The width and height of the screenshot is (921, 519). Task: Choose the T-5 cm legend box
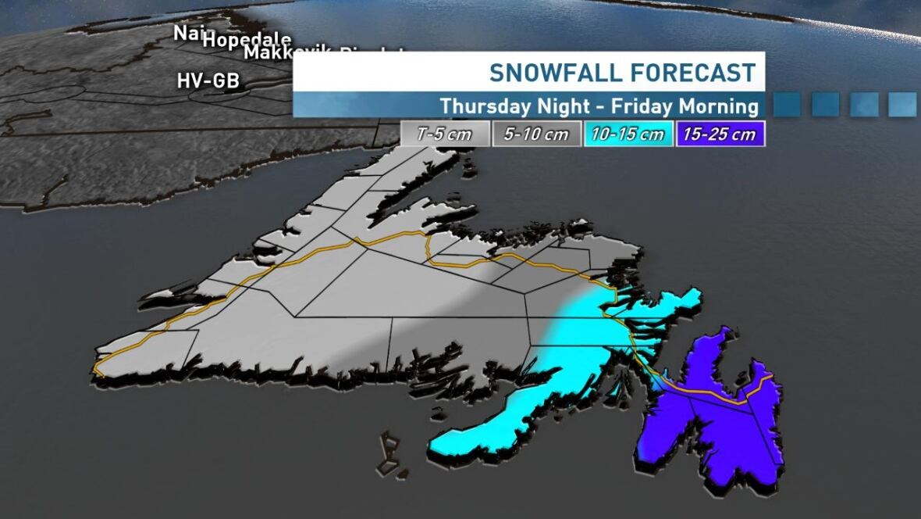[444, 134]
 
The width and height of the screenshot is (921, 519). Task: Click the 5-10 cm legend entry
[536, 134]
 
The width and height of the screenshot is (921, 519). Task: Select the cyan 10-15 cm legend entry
[628, 134]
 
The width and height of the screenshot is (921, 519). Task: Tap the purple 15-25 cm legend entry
[720, 134]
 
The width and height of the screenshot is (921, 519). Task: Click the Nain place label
[187, 33]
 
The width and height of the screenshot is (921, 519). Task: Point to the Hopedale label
[247, 40]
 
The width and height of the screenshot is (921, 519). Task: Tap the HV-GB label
[208, 80]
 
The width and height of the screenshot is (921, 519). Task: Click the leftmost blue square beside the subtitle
[787, 104]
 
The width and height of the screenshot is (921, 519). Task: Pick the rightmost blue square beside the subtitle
[902, 104]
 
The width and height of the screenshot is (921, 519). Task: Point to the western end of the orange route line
[97, 367]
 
